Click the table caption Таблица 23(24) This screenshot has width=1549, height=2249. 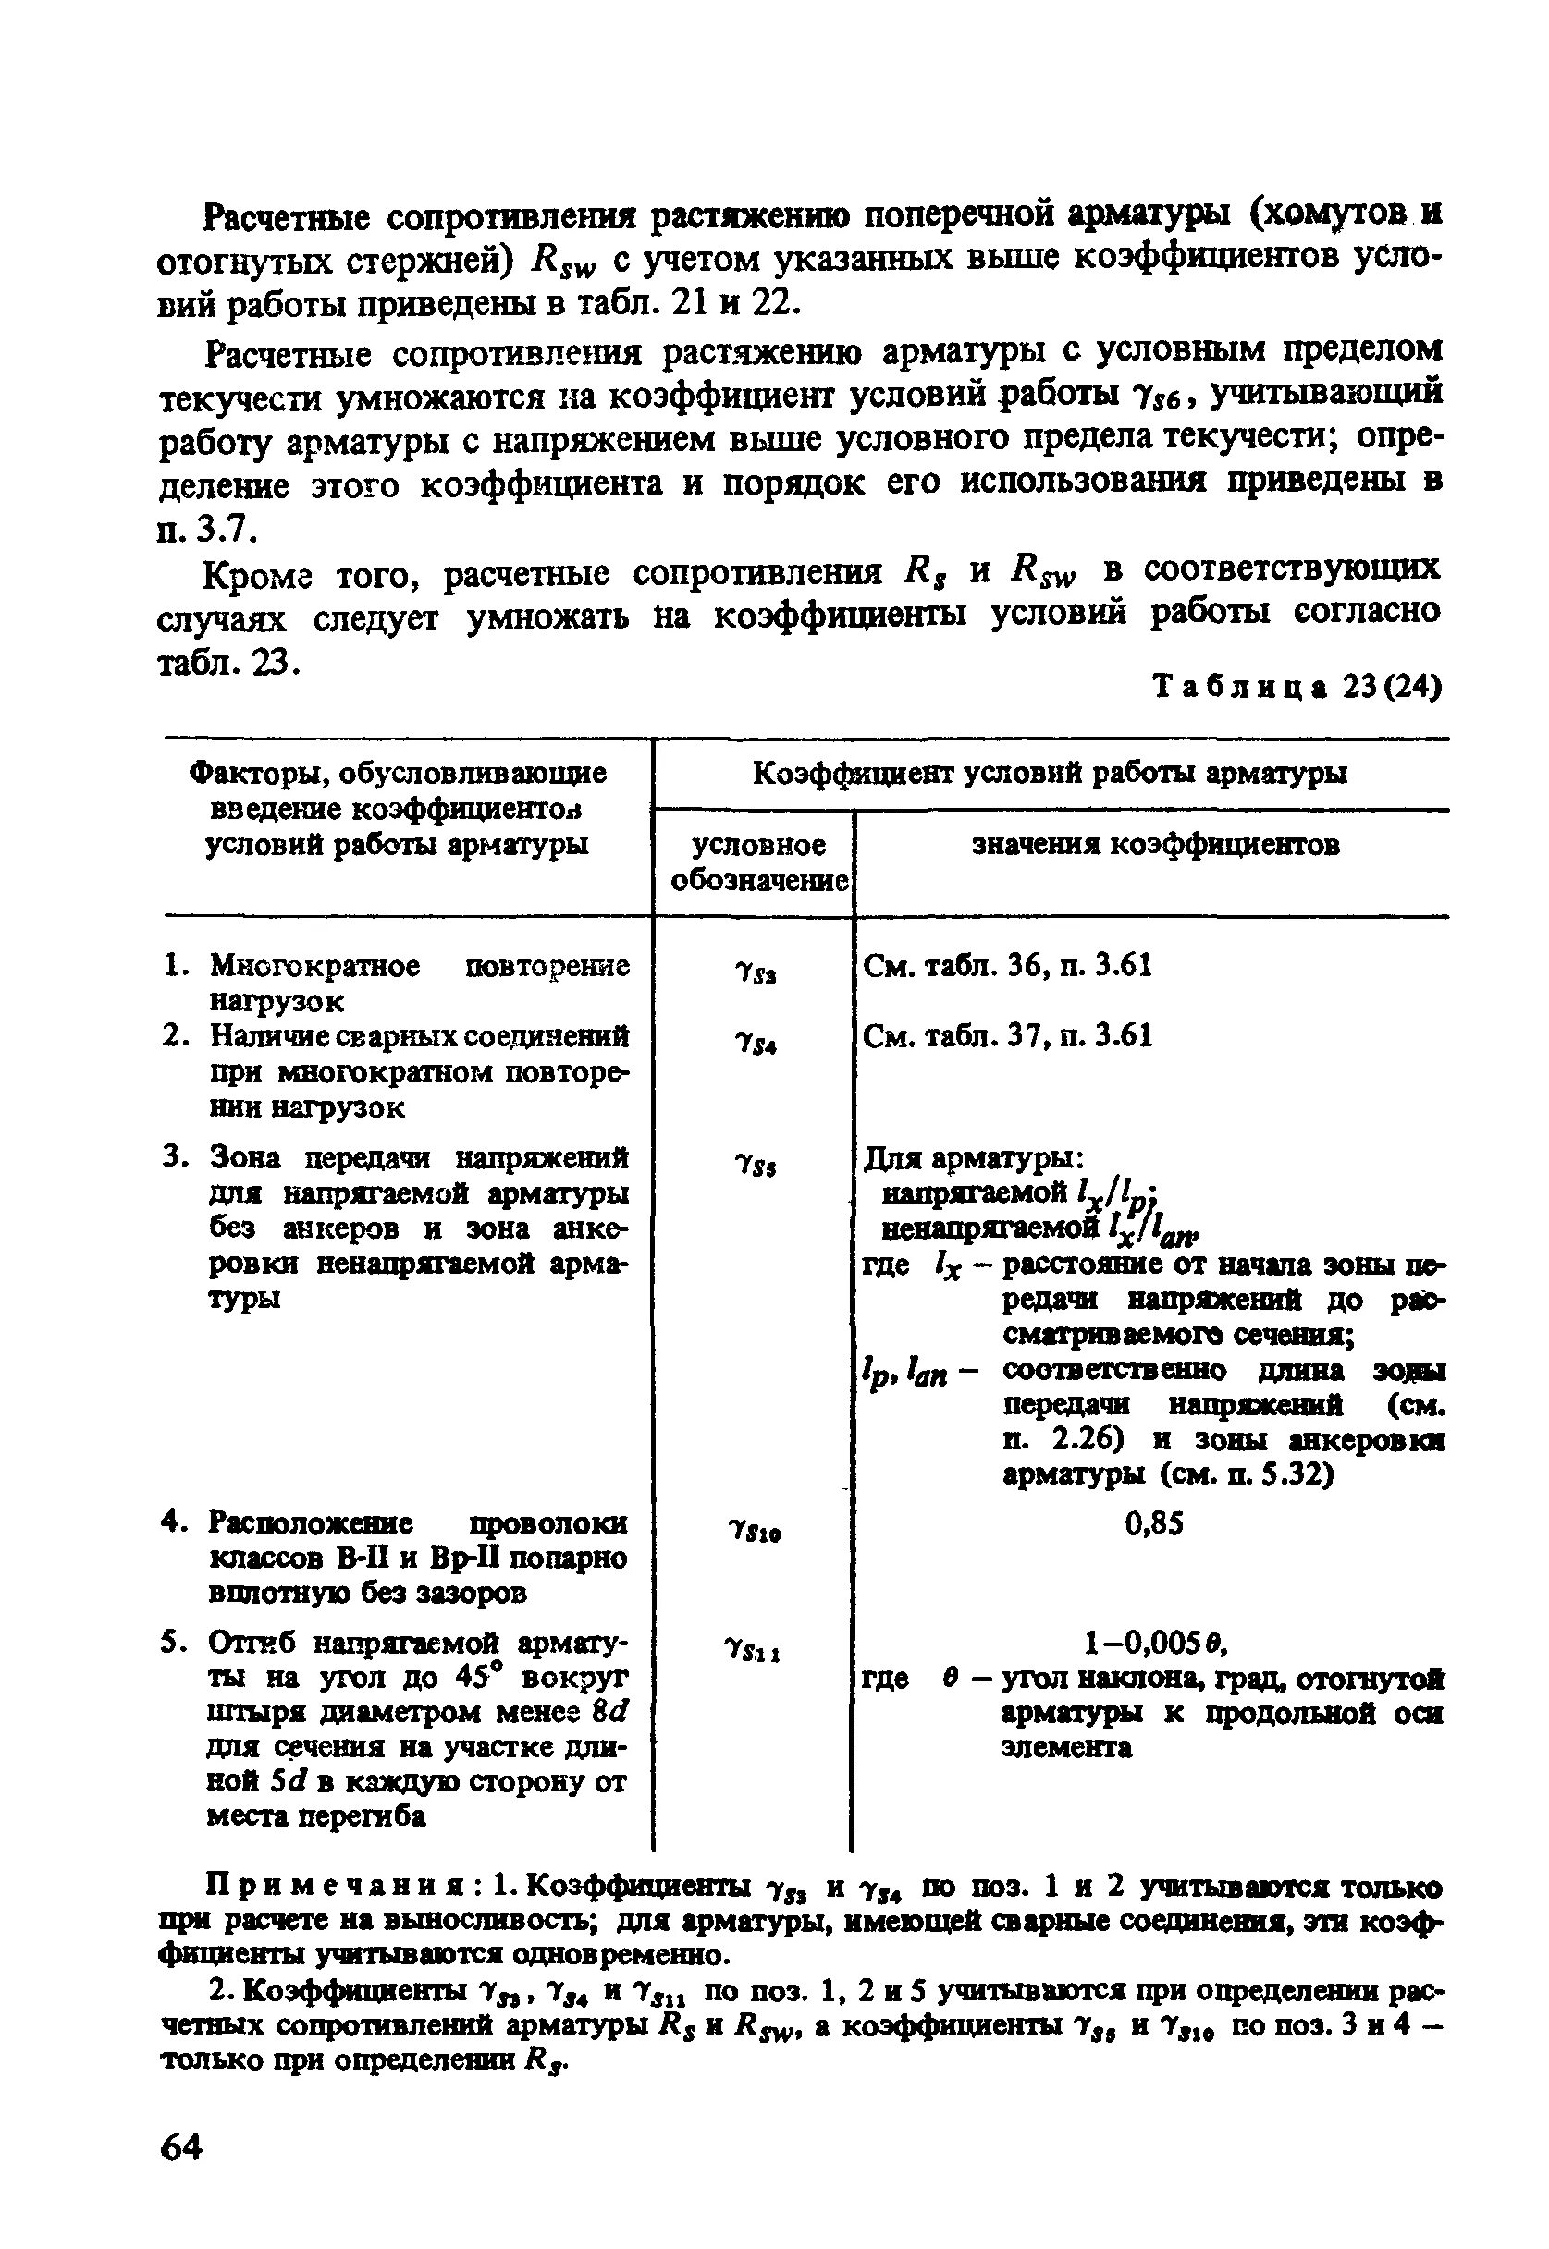1296,688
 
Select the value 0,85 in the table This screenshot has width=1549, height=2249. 1153,1524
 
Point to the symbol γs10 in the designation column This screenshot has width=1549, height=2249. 754,1531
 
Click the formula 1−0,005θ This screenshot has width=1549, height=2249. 1155,1643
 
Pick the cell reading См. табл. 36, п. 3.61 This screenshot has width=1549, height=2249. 1006,965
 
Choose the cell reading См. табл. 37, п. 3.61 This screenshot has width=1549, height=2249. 1006,1036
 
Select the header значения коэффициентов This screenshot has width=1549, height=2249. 1155,845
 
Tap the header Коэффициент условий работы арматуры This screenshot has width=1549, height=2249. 1051,774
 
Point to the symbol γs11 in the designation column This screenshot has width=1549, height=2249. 754,1648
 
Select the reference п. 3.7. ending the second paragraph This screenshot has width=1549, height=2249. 205,530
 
